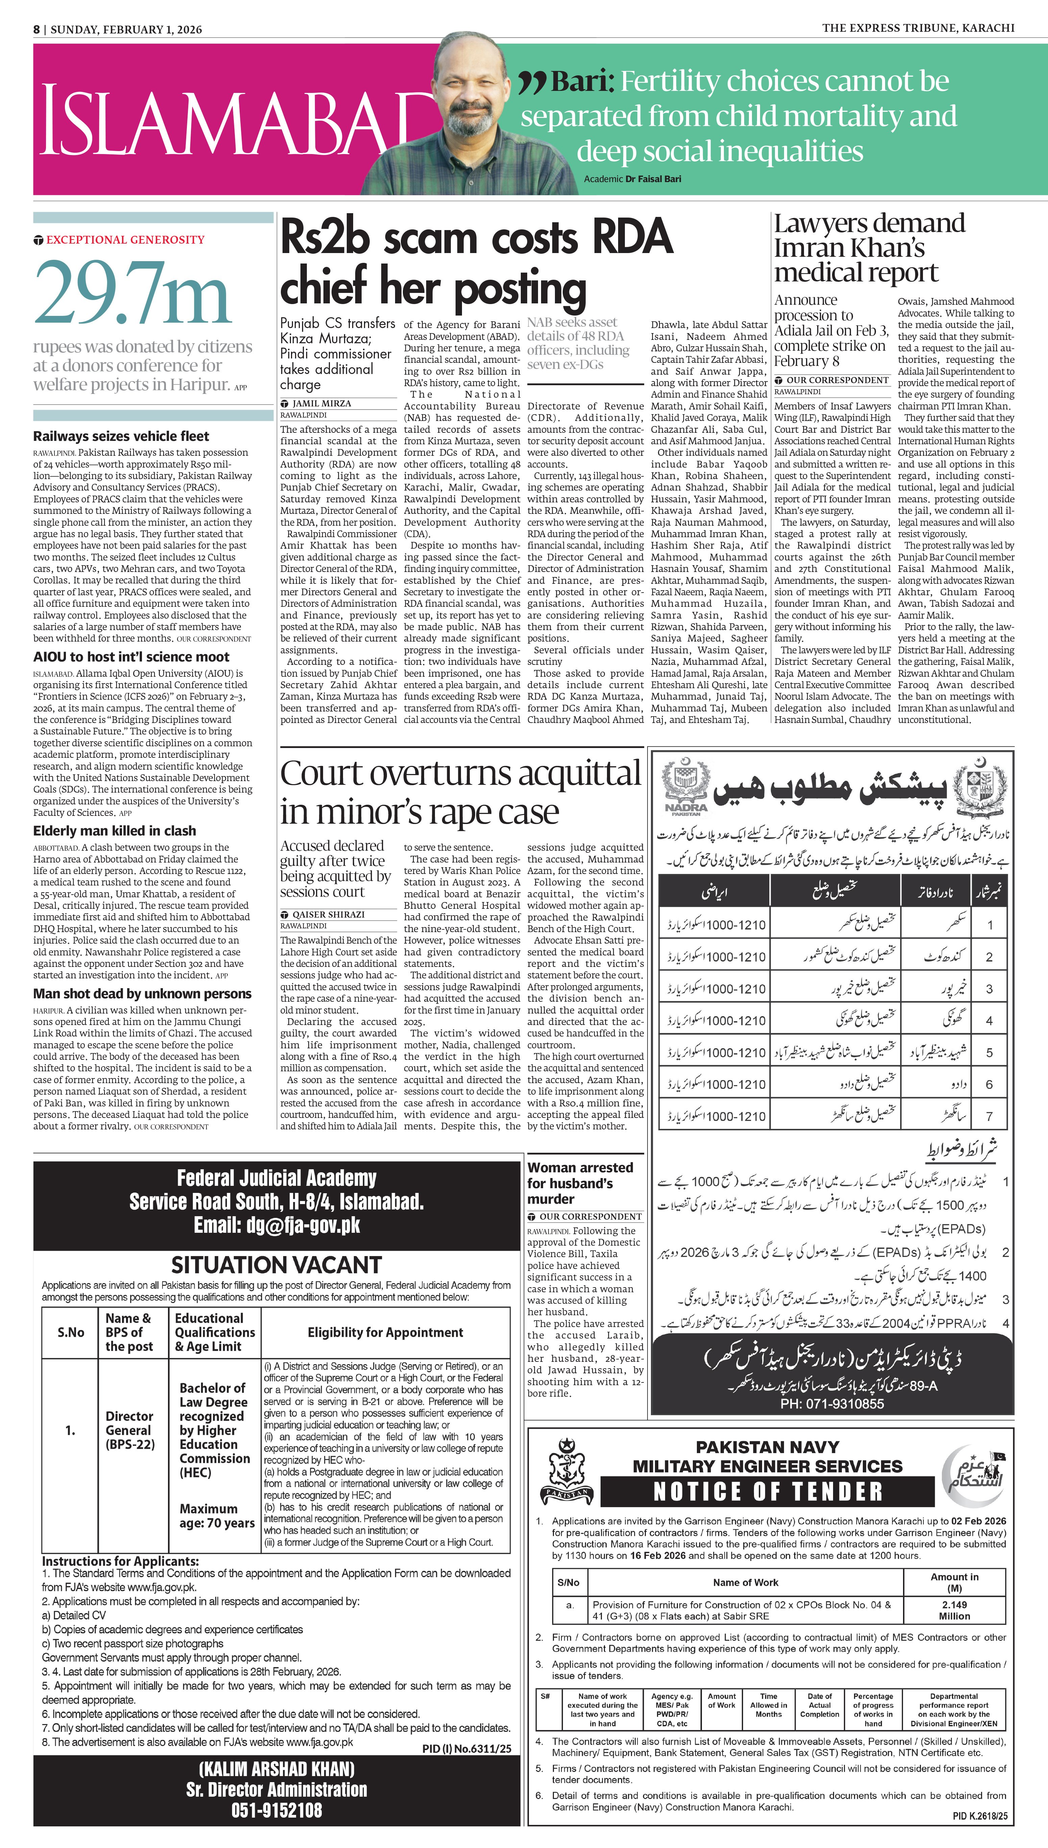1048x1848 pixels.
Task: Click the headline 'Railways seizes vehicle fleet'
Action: click(x=121, y=436)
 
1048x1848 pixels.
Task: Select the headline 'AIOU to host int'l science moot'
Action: click(x=131, y=657)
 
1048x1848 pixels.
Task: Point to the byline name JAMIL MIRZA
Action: click(x=322, y=403)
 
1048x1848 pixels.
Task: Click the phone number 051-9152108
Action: click(x=276, y=1810)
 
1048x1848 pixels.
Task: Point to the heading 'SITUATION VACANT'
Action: click(x=276, y=1265)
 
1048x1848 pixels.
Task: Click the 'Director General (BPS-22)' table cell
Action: click(x=129, y=1430)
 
